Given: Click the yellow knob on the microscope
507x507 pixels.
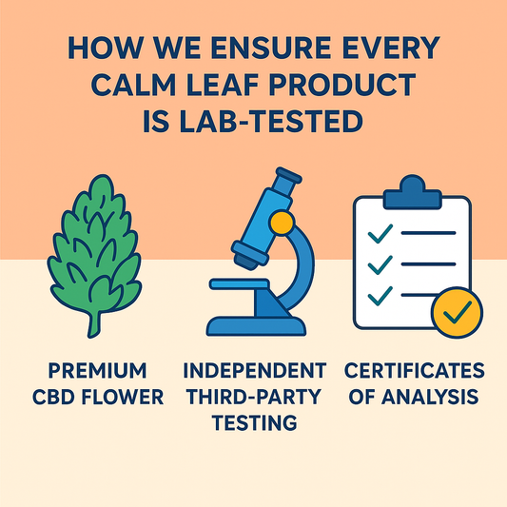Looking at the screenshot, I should coord(280,224).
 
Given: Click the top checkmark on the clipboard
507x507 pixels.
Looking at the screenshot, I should coord(380,231).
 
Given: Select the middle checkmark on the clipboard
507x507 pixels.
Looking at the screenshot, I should coord(380,262).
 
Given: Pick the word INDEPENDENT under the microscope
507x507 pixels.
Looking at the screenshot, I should coord(253,370).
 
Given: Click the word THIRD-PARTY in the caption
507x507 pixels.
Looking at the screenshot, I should coord(253,395).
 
